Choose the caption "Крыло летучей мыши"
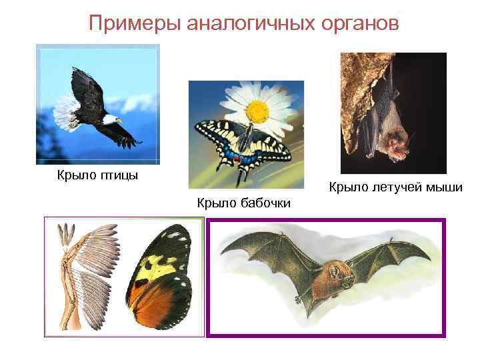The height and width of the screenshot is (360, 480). (x=396, y=187)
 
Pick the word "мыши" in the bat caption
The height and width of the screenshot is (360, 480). (x=448, y=187)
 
